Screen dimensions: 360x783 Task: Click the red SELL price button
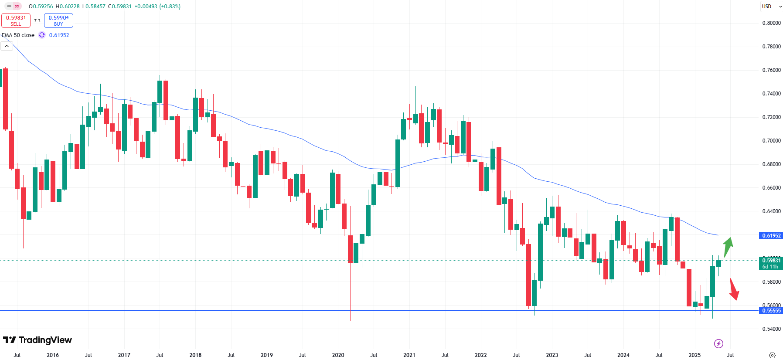coord(16,20)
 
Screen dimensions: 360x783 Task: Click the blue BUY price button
coord(58,20)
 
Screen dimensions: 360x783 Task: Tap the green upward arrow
coord(728,247)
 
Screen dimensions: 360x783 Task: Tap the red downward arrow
coord(734,289)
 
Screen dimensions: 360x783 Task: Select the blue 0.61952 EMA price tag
coord(771,236)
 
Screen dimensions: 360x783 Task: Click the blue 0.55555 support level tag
coord(771,311)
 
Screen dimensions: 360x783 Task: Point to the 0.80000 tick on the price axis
coord(771,23)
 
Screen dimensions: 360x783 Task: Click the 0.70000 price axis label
coord(771,141)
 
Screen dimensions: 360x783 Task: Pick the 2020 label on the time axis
coord(338,355)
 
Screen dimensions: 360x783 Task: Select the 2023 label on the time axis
coord(552,355)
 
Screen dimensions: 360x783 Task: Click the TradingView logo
coord(37,340)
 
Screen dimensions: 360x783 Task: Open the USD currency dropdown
coord(771,7)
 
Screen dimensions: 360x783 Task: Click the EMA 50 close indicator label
coord(18,35)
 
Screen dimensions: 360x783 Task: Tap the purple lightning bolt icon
coord(718,344)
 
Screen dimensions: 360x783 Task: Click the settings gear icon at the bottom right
coord(772,355)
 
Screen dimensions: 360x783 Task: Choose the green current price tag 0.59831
coord(771,263)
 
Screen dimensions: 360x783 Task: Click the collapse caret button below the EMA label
coord(7,46)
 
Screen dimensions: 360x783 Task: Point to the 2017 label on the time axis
coord(124,355)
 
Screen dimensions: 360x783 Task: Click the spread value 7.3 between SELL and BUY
coord(37,20)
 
